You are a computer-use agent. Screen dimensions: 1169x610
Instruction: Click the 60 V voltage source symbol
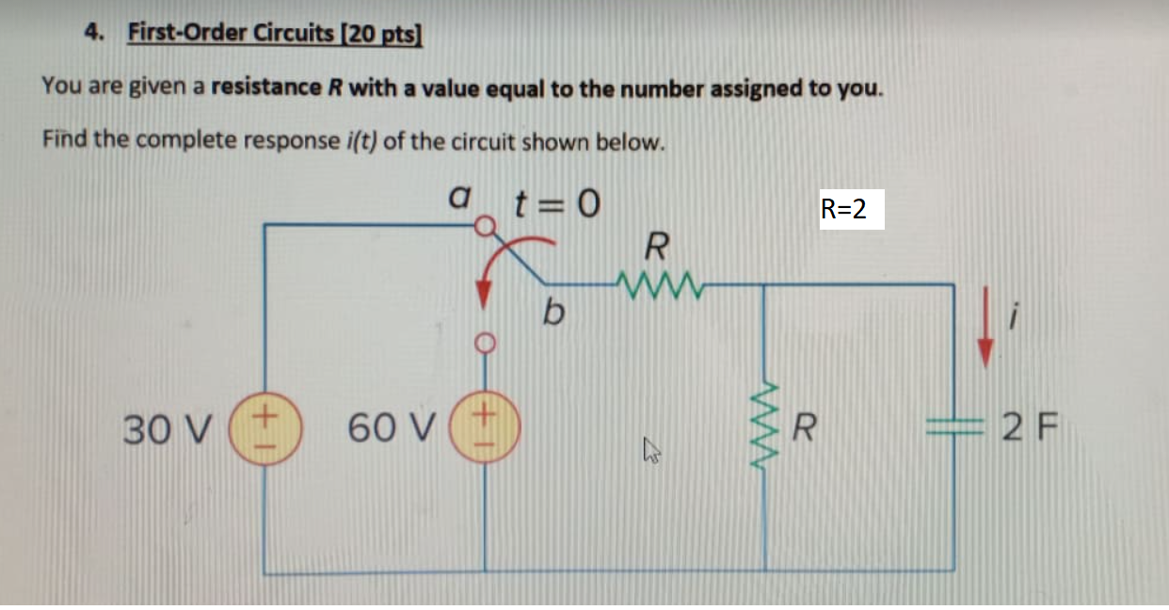[486, 429]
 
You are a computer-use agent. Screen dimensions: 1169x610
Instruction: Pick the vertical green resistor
[764, 429]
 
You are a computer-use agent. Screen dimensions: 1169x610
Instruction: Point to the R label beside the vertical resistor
[803, 430]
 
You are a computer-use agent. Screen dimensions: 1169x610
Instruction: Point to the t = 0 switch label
[554, 201]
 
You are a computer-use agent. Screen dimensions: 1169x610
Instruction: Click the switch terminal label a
[457, 199]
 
